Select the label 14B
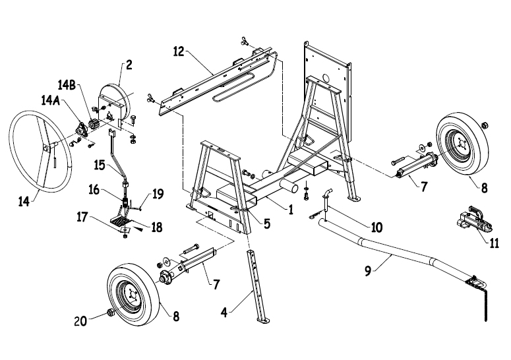click(x=68, y=85)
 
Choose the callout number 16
click(x=95, y=190)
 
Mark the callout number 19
click(x=157, y=195)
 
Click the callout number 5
click(x=265, y=224)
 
